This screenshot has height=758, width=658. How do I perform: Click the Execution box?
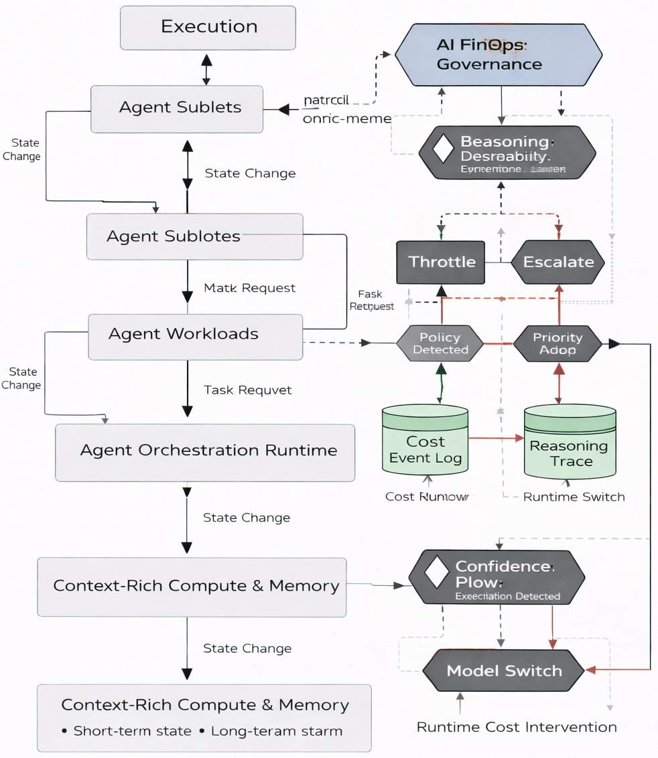tap(208, 27)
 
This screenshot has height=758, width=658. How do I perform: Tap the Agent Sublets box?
tap(177, 108)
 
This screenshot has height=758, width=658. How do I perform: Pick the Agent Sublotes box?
tap(194, 236)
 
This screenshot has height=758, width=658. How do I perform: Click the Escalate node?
tap(558, 262)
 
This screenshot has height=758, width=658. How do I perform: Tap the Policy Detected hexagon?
tap(440, 344)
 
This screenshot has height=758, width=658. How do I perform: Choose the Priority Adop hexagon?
tap(557, 344)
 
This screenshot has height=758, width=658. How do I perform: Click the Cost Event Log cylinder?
tap(425, 443)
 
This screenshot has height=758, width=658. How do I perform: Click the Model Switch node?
tap(503, 671)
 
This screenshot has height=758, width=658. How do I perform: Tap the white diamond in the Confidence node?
tap(438, 571)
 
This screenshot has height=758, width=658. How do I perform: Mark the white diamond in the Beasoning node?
tap(444, 149)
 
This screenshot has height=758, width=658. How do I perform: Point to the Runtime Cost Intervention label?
tap(516, 727)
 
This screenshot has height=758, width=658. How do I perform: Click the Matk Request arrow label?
tap(249, 289)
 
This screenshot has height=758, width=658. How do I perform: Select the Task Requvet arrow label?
tap(248, 390)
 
